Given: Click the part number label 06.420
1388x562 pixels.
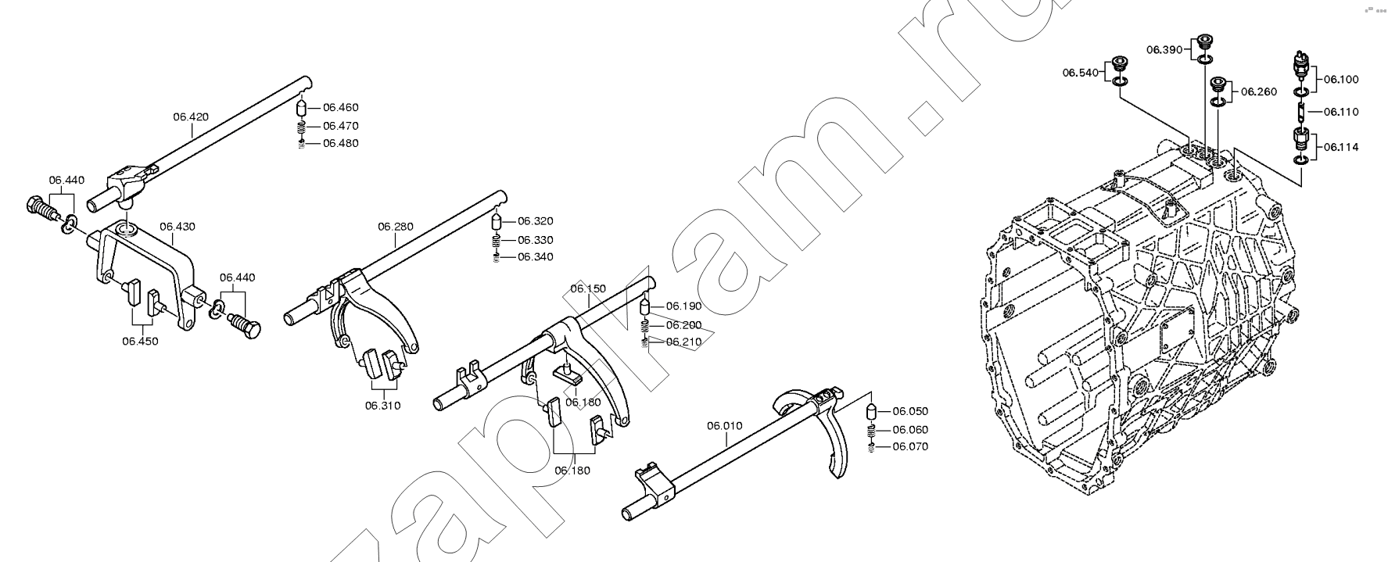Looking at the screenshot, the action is tap(191, 117).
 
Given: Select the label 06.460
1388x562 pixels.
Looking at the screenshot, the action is tap(340, 108).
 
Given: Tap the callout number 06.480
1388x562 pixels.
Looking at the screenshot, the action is tap(340, 143).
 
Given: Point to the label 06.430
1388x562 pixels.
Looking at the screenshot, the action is tap(178, 227).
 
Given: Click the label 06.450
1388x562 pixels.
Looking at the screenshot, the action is tap(140, 341).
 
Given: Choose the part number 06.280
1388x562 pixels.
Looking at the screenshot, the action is tap(396, 227).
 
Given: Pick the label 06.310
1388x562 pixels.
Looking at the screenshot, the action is tap(382, 405).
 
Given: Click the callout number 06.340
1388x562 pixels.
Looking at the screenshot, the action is tap(535, 256).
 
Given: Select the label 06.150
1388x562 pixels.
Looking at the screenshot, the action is tap(588, 288).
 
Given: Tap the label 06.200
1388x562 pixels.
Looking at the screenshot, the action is tap(684, 325).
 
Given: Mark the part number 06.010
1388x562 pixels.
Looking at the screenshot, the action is tap(725, 426).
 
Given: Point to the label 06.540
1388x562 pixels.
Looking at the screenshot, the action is tap(1080, 73).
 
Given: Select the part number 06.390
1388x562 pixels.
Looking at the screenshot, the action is tap(1165, 49).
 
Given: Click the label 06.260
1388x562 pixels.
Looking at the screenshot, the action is tap(1259, 91).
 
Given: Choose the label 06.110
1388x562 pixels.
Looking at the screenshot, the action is tap(1341, 112).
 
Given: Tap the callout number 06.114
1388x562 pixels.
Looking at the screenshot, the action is tap(1341, 147).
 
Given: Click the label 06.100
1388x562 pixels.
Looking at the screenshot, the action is tap(1341, 79).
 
